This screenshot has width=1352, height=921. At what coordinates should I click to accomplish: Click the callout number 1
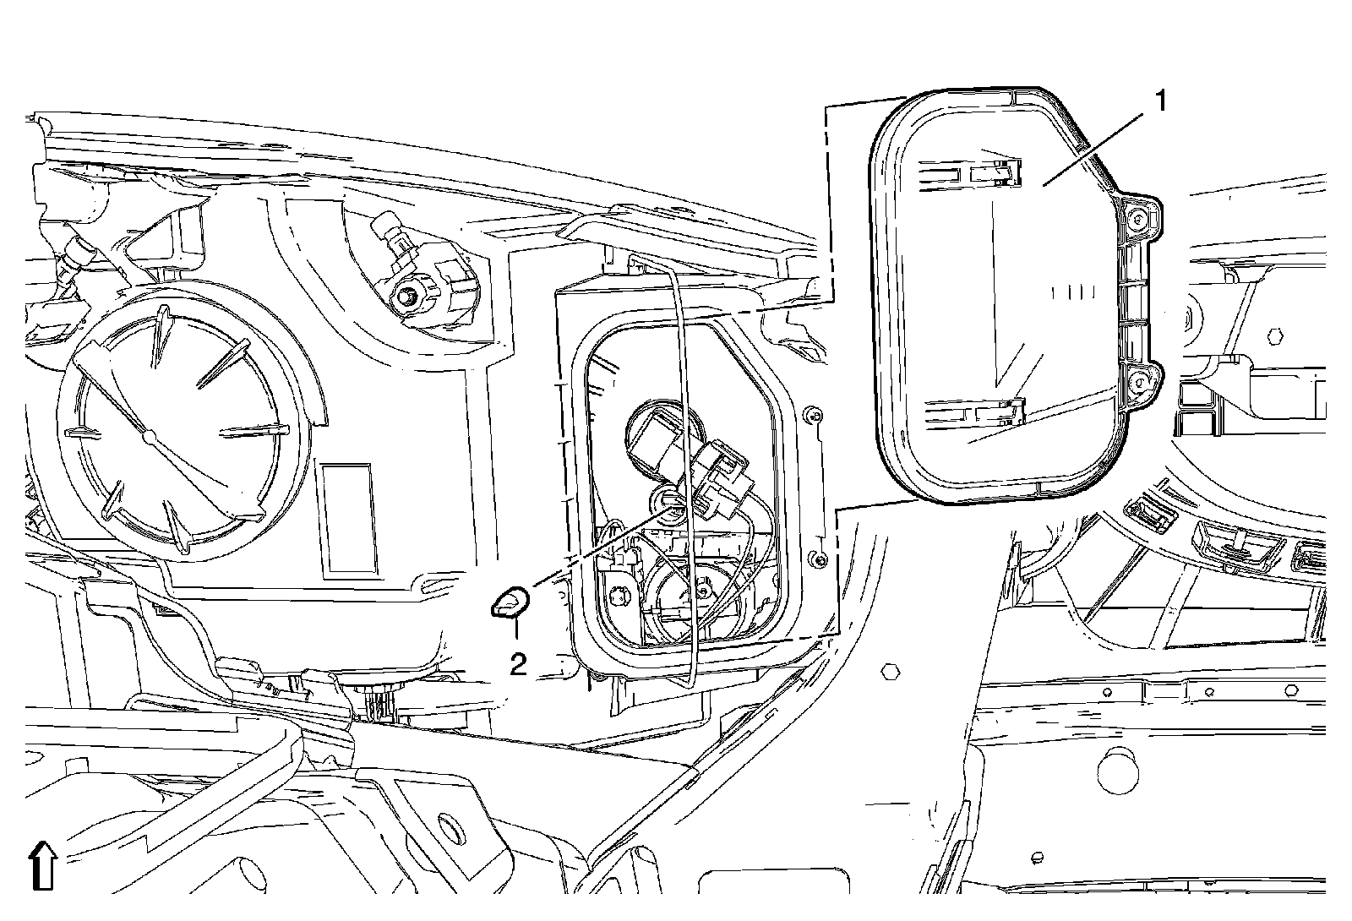pos(1160,102)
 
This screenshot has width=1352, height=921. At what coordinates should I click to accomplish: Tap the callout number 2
pos(518,664)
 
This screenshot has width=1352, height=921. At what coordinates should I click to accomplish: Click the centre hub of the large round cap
pos(149,435)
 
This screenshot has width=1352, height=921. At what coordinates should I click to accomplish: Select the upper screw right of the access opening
pos(813,416)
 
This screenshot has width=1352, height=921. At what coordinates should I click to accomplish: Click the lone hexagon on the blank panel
pos(889,672)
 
